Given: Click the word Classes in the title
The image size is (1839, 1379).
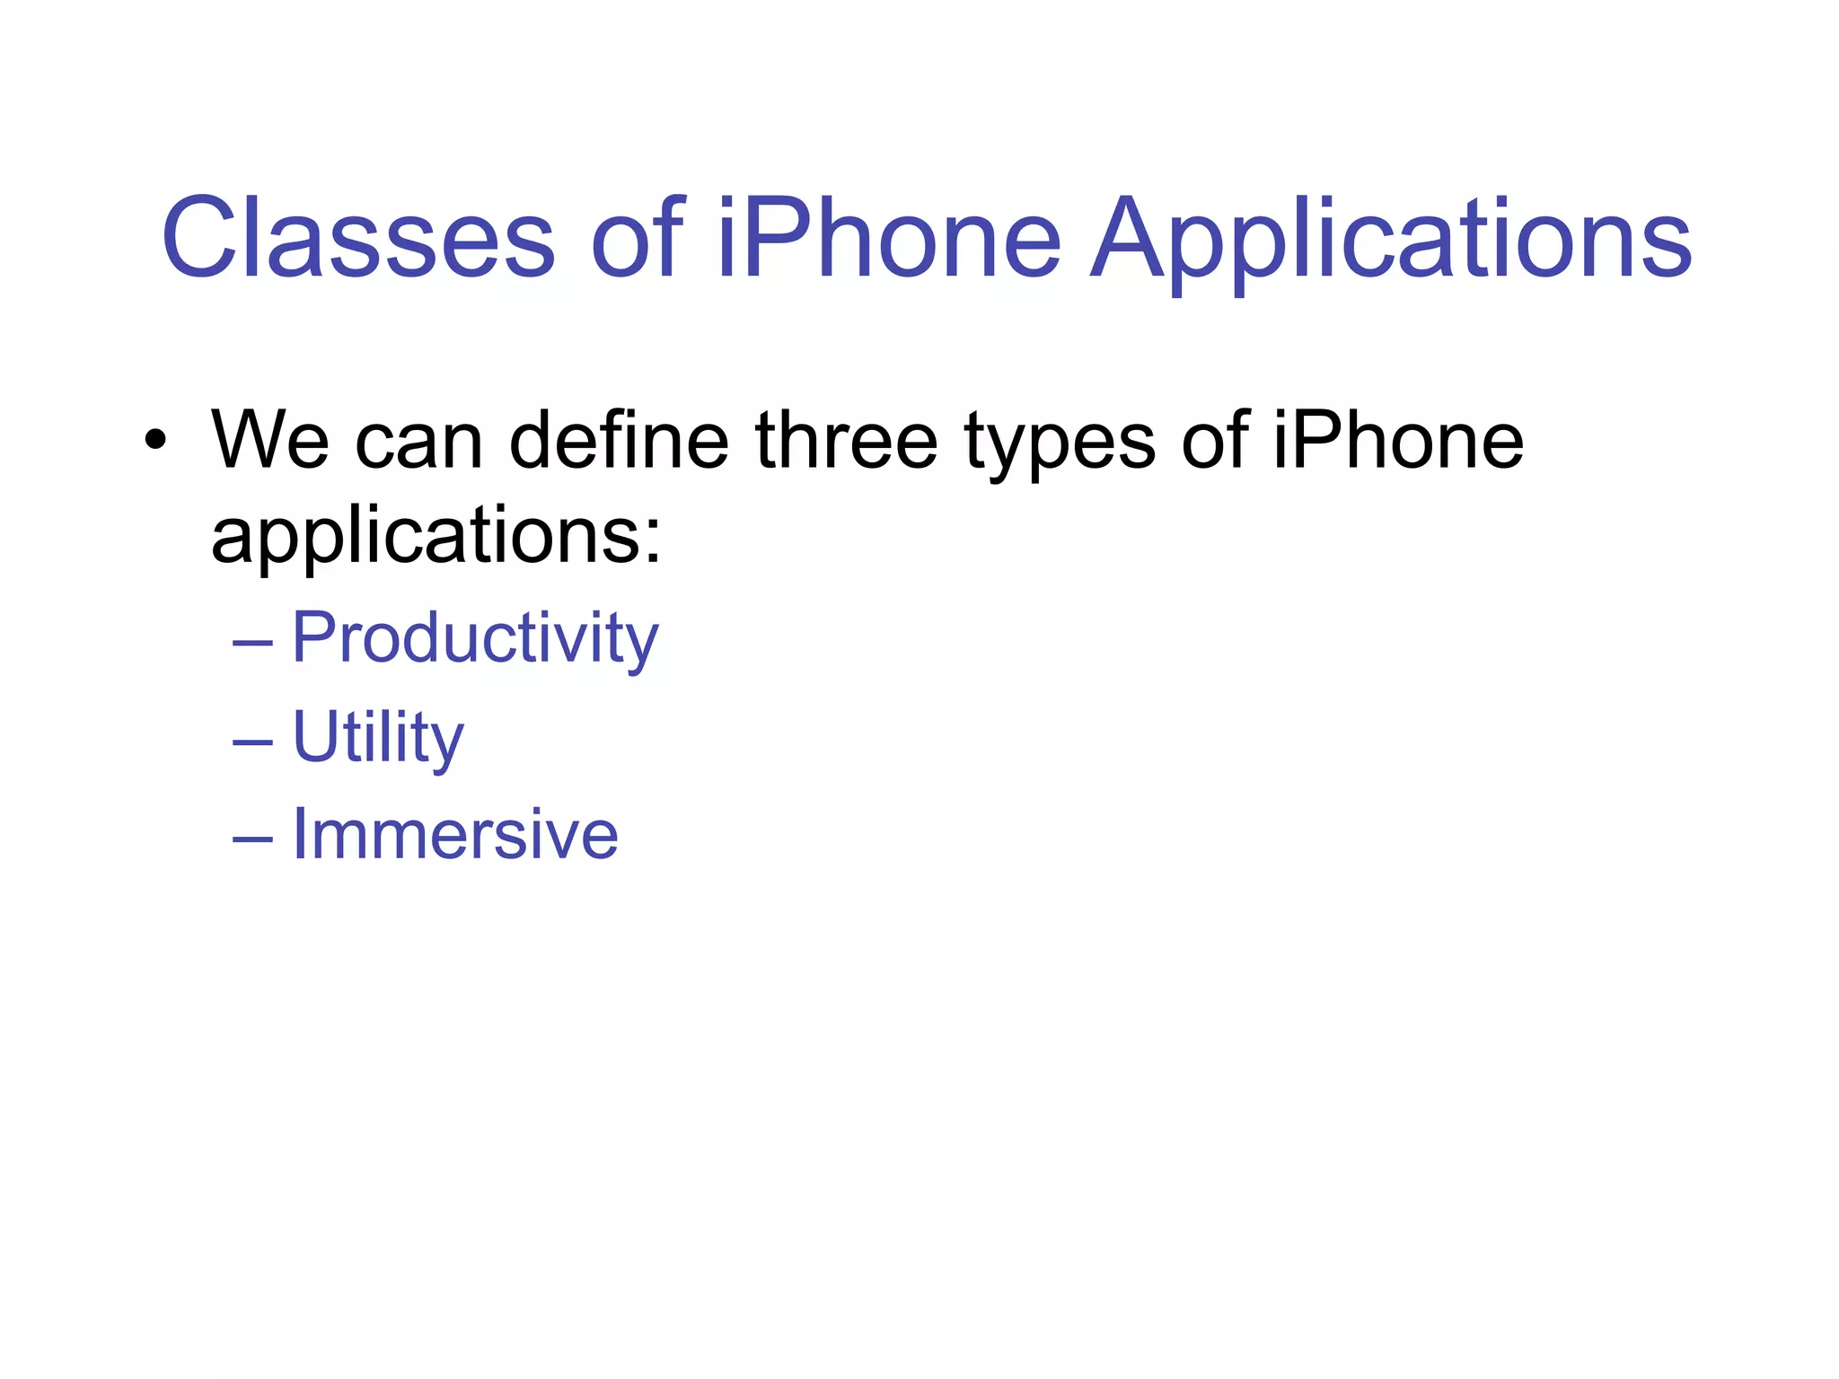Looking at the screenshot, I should click(358, 239).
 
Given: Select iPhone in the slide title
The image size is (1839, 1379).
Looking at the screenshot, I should click(889, 239).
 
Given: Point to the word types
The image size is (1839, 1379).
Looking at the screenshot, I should click(1060, 445).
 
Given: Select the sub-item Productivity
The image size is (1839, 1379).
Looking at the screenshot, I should click(475, 639).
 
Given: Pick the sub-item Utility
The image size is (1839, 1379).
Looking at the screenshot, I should click(378, 738).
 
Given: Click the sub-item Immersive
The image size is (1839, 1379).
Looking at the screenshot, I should click(455, 835).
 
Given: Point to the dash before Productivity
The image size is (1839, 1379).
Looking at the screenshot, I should click(252, 643).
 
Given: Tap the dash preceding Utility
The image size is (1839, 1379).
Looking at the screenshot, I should click(252, 742).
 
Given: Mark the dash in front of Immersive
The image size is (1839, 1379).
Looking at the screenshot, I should click(252, 839).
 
